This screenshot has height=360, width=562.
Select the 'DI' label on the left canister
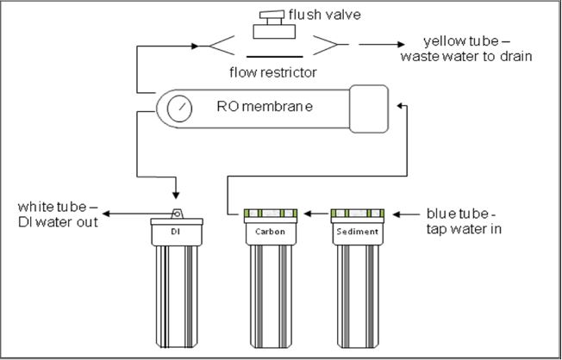click(176, 233)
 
